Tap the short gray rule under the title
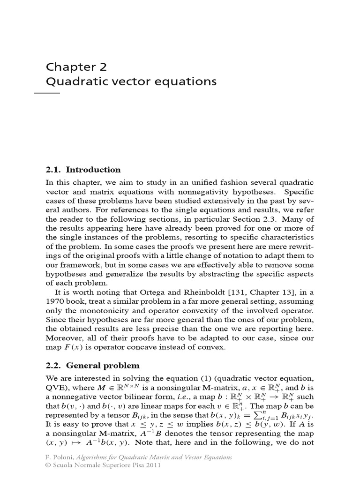pyautogui.click(x=47, y=93)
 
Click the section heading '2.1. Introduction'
pyautogui.click(x=83, y=170)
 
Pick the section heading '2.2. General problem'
pyautogui.click(x=92, y=365)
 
